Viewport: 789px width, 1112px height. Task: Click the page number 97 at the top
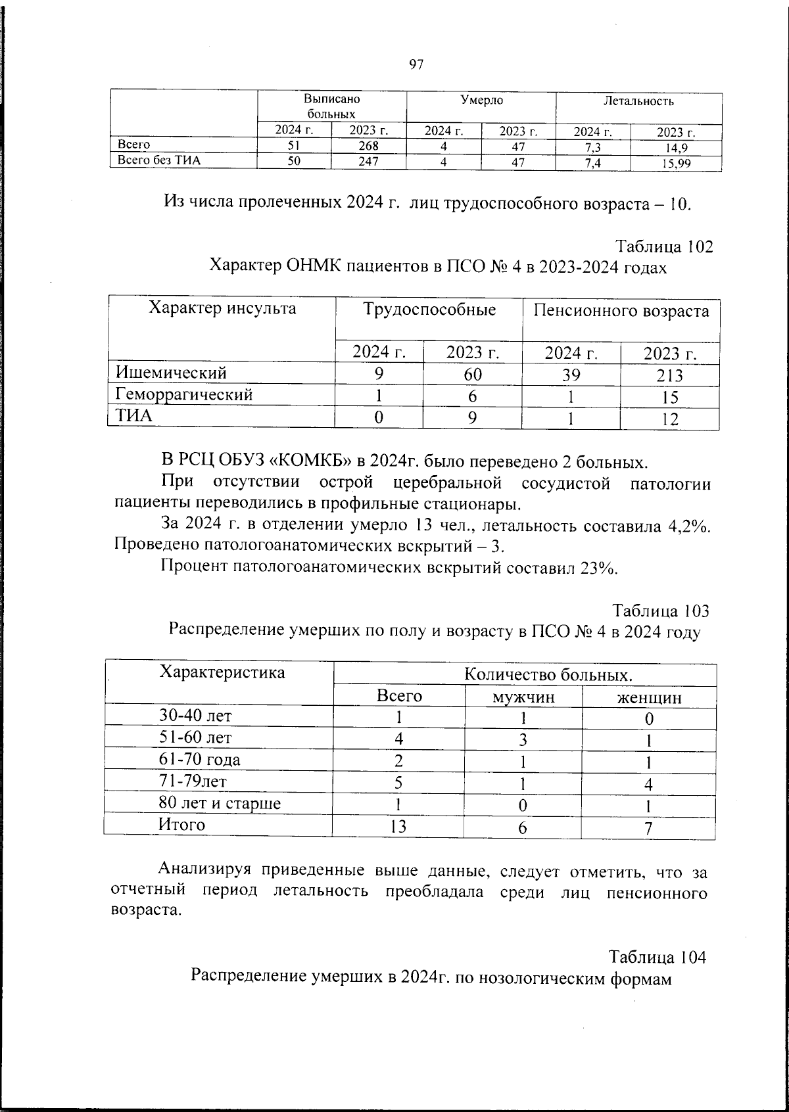pos(416,64)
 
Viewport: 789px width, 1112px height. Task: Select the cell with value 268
pos(368,146)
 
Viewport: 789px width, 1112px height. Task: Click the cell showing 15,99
pos(676,164)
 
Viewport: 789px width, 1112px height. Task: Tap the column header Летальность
pos(638,101)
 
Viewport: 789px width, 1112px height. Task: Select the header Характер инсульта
pos(222,308)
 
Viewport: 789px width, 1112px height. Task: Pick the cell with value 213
pos(669,376)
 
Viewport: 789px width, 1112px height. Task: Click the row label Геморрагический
pos(185,395)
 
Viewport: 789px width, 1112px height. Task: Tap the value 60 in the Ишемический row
pos(472,375)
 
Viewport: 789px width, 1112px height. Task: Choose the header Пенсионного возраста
pos(621,311)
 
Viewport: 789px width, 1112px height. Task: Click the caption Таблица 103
pos(661,611)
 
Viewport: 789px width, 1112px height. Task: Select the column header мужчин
pos(523,697)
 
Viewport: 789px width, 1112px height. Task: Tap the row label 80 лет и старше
pos(220,803)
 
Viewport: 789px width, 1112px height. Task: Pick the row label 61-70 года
pos(200,760)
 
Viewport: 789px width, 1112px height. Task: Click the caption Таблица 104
pos(657,956)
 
